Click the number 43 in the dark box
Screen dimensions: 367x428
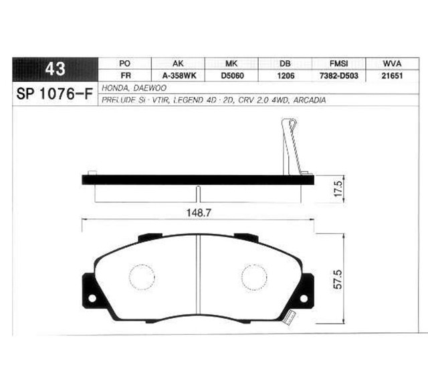pos(55,70)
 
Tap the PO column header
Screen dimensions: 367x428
pos(124,63)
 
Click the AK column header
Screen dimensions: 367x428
pos(177,63)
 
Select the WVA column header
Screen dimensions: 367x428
pos(391,63)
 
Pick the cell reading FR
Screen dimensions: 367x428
pos(124,76)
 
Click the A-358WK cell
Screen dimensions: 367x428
pos(177,76)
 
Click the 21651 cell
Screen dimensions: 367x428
pos(391,76)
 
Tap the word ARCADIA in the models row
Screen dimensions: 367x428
pos(310,100)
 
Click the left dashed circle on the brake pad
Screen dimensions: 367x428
pos(141,277)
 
